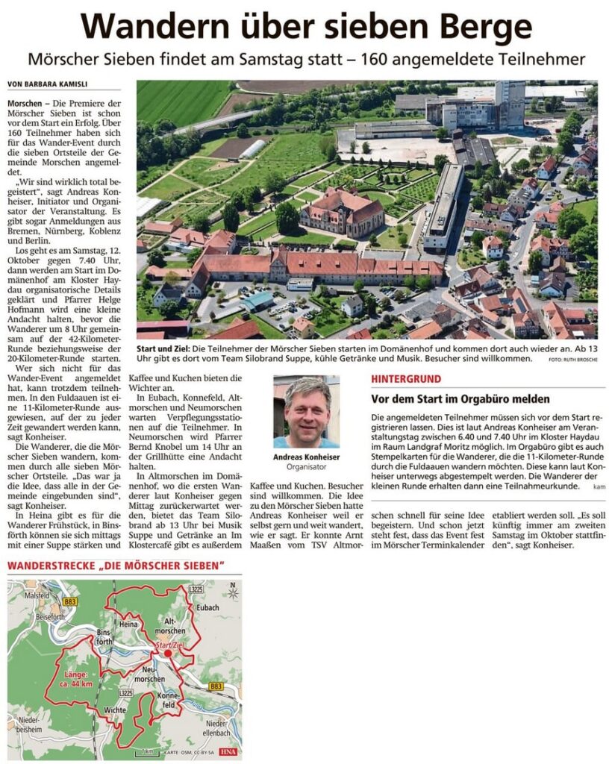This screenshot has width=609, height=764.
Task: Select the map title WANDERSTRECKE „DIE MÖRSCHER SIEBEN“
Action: click(116, 566)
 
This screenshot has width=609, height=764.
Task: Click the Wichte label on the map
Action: click(116, 710)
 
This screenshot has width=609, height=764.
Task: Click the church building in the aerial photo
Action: click(342, 213)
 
